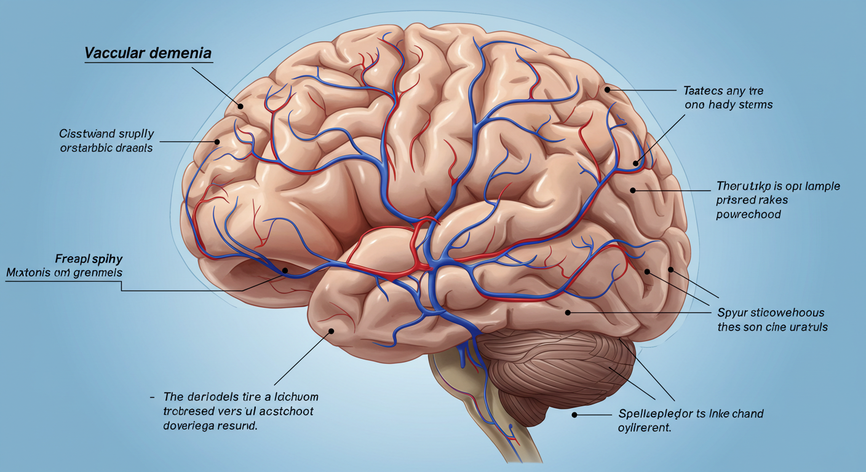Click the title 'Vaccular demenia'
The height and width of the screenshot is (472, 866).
(148, 53)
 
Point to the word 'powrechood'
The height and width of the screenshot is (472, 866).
(749, 214)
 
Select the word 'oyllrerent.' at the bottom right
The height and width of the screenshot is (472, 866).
(643, 428)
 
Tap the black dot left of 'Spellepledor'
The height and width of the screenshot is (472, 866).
(574, 415)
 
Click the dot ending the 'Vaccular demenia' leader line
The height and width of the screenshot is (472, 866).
(242, 106)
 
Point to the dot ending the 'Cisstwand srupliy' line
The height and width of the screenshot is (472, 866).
(217, 141)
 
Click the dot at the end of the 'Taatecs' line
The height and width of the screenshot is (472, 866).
(608, 90)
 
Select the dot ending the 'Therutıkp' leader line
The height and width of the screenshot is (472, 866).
(633, 191)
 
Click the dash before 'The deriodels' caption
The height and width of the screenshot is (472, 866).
(151, 398)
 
